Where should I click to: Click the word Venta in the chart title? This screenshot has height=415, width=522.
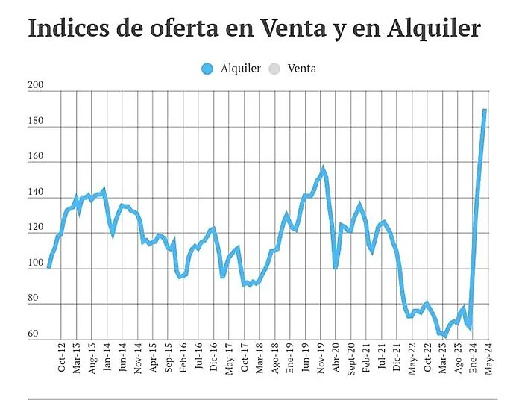[x=292, y=28]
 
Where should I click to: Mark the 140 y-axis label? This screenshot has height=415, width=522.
[x=37, y=193]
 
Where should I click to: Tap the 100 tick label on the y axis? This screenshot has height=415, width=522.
[x=37, y=264]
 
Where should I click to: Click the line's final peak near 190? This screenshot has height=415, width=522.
[x=484, y=110]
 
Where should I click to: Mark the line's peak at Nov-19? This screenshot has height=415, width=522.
[x=323, y=169]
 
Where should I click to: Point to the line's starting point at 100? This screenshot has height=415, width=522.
[x=49, y=266]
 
